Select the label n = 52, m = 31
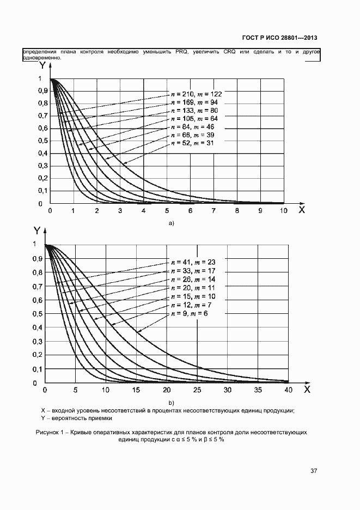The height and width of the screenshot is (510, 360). pos(192,143)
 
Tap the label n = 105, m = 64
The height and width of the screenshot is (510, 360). pos(194,118)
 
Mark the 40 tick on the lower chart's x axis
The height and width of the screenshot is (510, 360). pos(289,390)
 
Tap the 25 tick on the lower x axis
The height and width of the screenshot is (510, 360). pos(197,390)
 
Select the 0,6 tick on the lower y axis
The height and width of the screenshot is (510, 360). pos(36,300)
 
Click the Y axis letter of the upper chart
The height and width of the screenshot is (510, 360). pos(42,65)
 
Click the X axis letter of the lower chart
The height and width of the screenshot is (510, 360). pos(307,390)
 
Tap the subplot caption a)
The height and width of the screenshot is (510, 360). pos(170,223)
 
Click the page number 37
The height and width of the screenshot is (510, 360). pos(314,470)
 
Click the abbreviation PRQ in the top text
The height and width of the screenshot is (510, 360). pos(182,52)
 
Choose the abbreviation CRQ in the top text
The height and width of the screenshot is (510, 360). pos(229,52)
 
